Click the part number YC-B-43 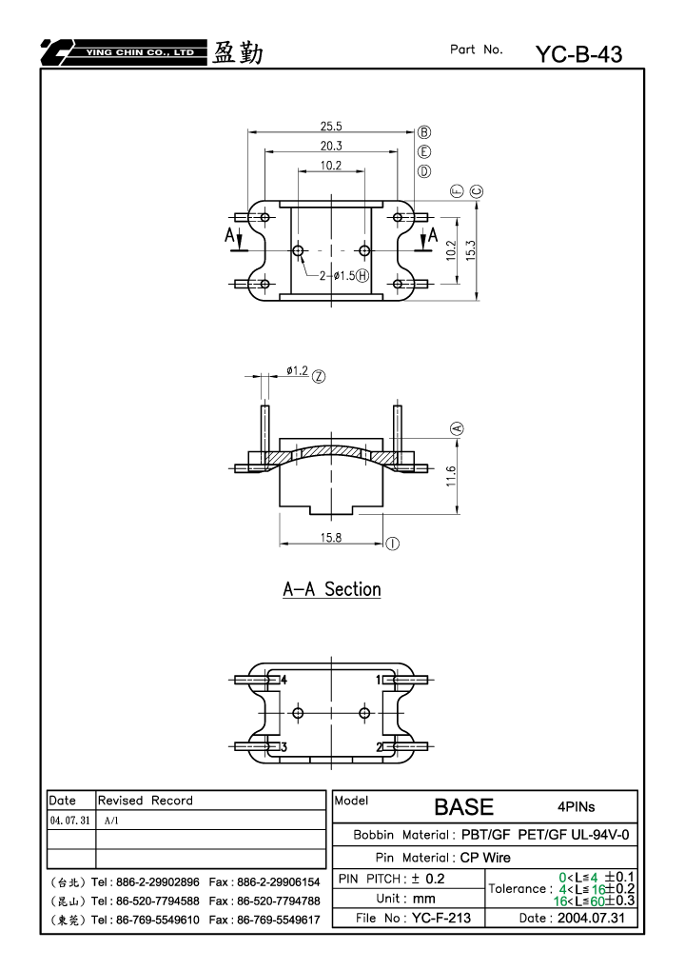pos(578,54)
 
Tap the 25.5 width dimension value pos(331,127)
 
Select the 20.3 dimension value pos(331,146)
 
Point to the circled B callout pos(424,131)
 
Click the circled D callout pos(424,171)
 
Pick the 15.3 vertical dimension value pos(471,250)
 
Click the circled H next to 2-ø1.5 pos(362,275)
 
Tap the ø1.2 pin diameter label pos(297,370)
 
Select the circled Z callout pos(319,376)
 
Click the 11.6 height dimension pos(451,476)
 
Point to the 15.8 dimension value pos(331,538)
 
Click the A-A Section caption pos(332,589)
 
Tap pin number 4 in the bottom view pos(284,680)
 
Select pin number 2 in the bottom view pos(380,747)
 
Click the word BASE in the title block pos(463,807)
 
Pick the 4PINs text pos(577,806)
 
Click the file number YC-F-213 pos(441,918)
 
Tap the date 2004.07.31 pos(591,918)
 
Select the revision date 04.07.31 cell pos(69,821)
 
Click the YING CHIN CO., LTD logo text pos(140,52)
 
